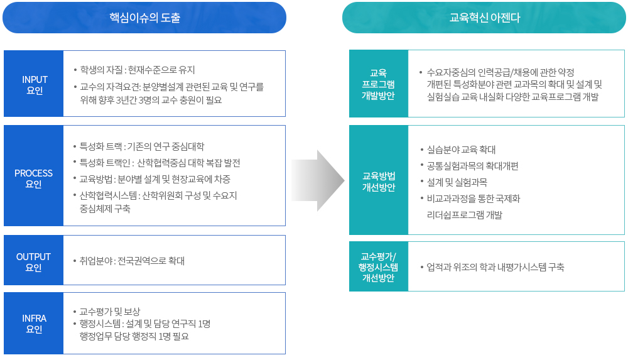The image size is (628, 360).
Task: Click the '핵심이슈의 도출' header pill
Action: pos(144,18)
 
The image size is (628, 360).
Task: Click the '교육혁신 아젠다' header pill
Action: pos(484,18)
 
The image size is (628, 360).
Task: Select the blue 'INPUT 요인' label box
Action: pos(35,84)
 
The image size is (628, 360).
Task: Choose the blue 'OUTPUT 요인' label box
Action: pos(34,262)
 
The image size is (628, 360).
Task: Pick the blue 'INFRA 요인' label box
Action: pos(34,323)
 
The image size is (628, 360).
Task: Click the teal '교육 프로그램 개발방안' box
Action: pos(378,84)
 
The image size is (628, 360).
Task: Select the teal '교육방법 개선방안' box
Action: pos(378,180)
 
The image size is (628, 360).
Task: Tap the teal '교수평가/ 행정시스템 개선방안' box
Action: pos(378,267)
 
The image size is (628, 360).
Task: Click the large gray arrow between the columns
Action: pos(318,180)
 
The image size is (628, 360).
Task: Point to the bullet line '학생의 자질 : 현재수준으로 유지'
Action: pos(138,70)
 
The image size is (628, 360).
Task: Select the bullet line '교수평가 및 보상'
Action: pos(110,312)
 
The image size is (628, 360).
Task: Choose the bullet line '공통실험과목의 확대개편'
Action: pos(472,166)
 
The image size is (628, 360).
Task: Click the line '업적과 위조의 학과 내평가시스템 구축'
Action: pos(495,267)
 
